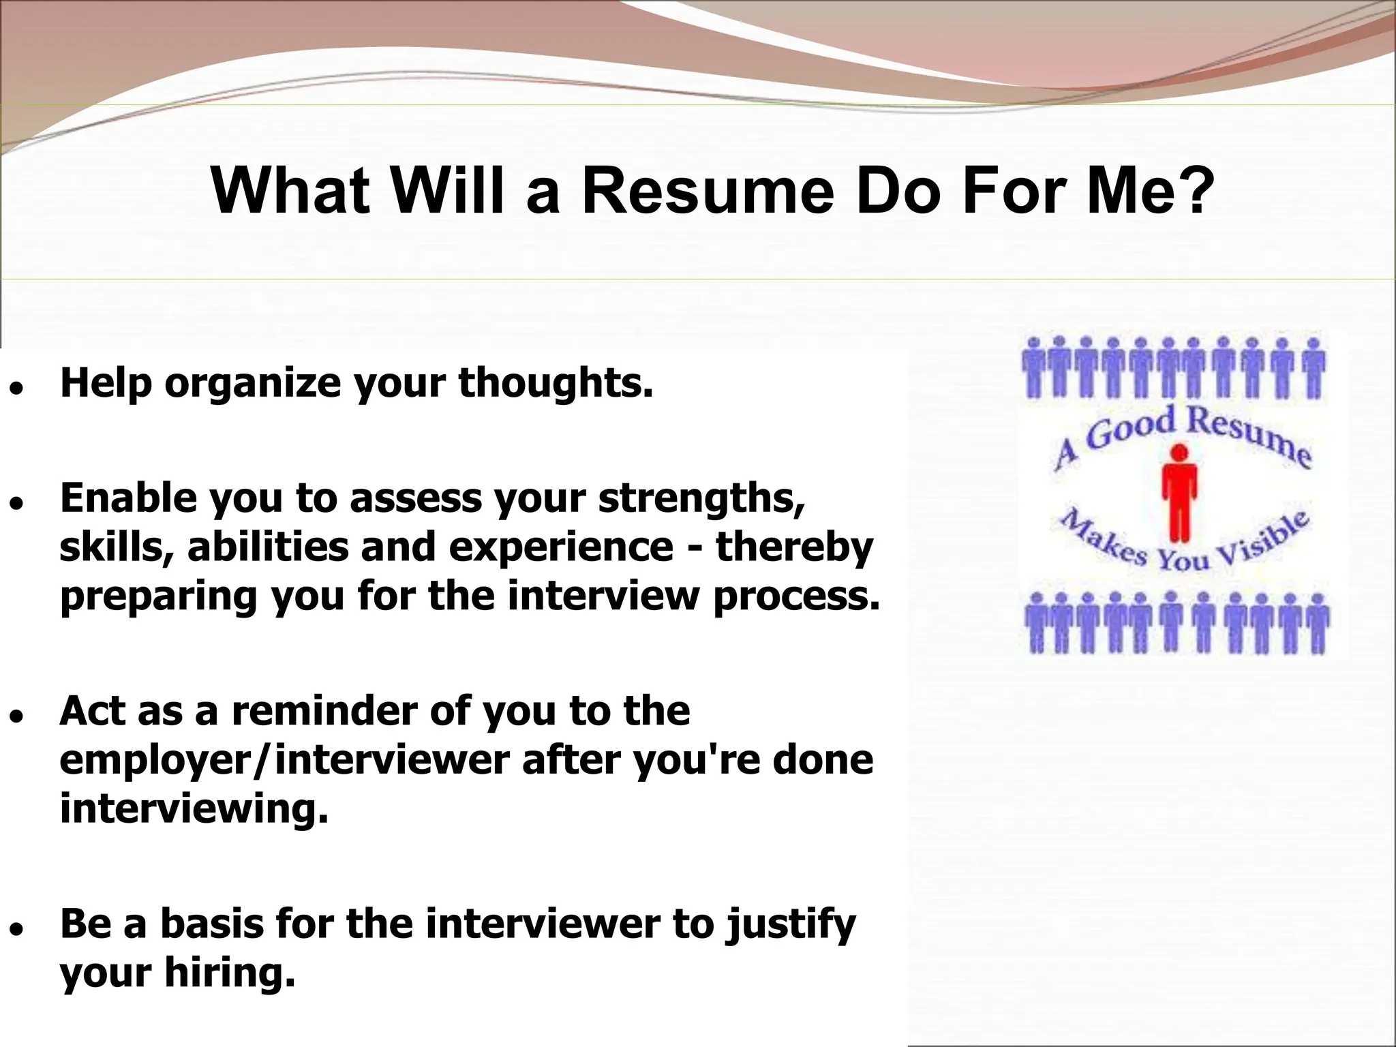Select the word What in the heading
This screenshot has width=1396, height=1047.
290,191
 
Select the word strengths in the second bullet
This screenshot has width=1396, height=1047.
701,500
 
